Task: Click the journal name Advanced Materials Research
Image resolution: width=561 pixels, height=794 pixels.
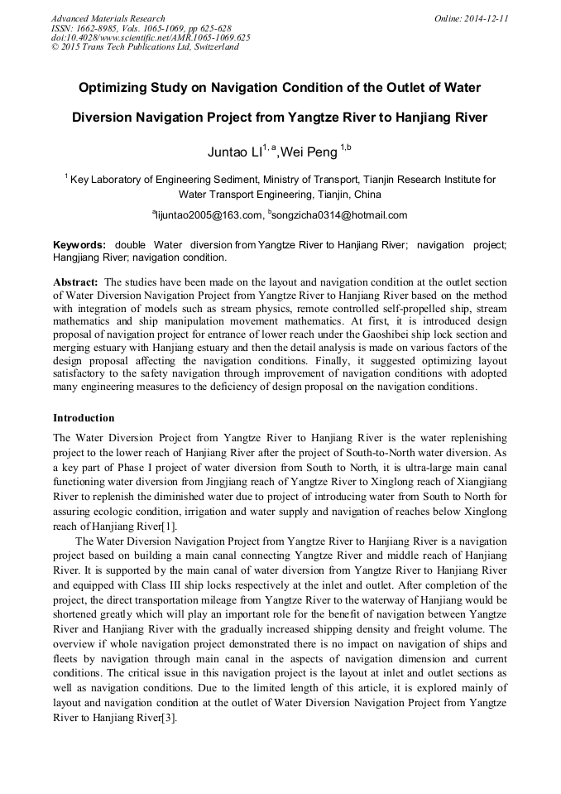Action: [108, 18]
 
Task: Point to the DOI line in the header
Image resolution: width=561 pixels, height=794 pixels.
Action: [150, 37]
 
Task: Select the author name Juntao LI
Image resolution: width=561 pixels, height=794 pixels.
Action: [234, 152]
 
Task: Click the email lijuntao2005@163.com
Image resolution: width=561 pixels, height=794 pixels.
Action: [209, 215]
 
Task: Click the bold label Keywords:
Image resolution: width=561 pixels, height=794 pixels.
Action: [79, 246]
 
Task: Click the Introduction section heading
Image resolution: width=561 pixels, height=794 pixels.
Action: [84, 418]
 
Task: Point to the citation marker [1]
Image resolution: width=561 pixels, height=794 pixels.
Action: [168, 527]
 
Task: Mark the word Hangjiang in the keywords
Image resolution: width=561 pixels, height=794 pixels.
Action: [78, 257]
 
